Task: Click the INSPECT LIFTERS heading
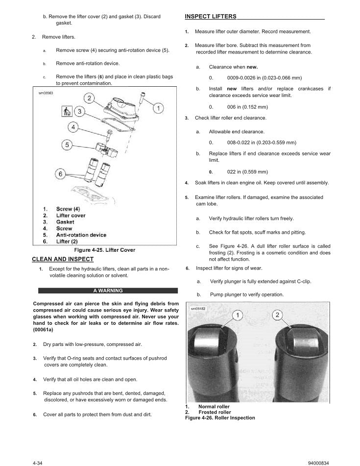coord(211,17)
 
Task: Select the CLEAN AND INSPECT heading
coord(63,259)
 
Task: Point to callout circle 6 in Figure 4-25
coord(61,173)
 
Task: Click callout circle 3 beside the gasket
coord(80,112)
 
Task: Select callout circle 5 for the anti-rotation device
coord(68,145)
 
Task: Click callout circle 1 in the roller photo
coord(237,315)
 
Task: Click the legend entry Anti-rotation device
coord(81,235)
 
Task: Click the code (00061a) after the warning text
coord(45,330)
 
